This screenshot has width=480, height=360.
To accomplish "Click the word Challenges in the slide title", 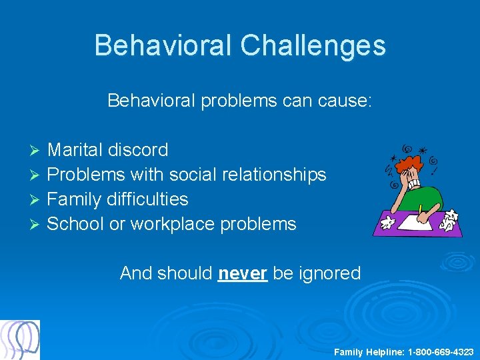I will click(x=313, y=45).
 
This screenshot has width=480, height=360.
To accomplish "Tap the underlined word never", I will click(x=243, y=273).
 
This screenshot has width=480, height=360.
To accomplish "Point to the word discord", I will click(x=142, y=150).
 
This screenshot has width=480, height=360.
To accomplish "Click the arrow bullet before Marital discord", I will click(x=37, y=151).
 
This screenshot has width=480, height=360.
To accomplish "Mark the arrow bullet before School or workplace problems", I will click(x=37, y=225).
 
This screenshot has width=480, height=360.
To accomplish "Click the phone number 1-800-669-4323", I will click(x=441, y=351).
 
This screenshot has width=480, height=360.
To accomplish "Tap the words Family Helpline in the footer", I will click(x=369, y=351).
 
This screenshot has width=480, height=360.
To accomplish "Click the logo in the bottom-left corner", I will click(x=20, y=339).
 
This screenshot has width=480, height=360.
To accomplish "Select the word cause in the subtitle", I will click(x=351, y=101).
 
